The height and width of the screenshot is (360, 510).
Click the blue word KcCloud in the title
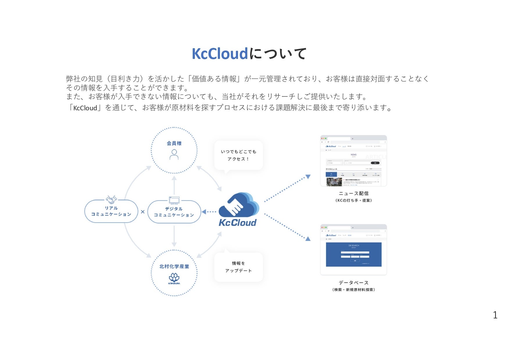click(x=219, y=54)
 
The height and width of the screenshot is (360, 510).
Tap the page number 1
click(x=495, y=315)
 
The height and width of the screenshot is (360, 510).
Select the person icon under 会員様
click(x=174, y=155)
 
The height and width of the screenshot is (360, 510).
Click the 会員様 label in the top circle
click(x=174, y=143)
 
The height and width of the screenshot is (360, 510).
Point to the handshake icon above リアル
click(x=111, y=199)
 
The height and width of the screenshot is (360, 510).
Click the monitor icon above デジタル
click(x=174, y=200)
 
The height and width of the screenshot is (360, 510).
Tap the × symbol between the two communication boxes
click(x=143, y=212)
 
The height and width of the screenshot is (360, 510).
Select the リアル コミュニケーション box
click(x=111, y=211)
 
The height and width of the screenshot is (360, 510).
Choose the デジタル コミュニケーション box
click(x=174, y=212)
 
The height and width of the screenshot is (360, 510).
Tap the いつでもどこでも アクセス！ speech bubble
click(x=238, y=155)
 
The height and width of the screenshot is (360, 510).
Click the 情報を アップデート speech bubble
click(x=238, y=267)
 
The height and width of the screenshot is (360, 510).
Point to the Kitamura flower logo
click(x=174, y=278)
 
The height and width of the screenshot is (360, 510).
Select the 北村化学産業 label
click(x=174, y=266)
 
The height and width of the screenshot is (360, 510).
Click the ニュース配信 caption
click(x=354, y=193)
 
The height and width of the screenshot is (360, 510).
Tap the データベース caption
click(x=354, y=282)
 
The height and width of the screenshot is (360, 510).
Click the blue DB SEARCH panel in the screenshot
click(x=354, y=254)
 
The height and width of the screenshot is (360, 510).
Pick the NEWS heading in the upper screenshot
click(x=353, y=155)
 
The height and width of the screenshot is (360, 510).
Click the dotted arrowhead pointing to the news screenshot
click(x=308, y=177)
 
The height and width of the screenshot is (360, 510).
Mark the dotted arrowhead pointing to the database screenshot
click(x=308, y=239)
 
